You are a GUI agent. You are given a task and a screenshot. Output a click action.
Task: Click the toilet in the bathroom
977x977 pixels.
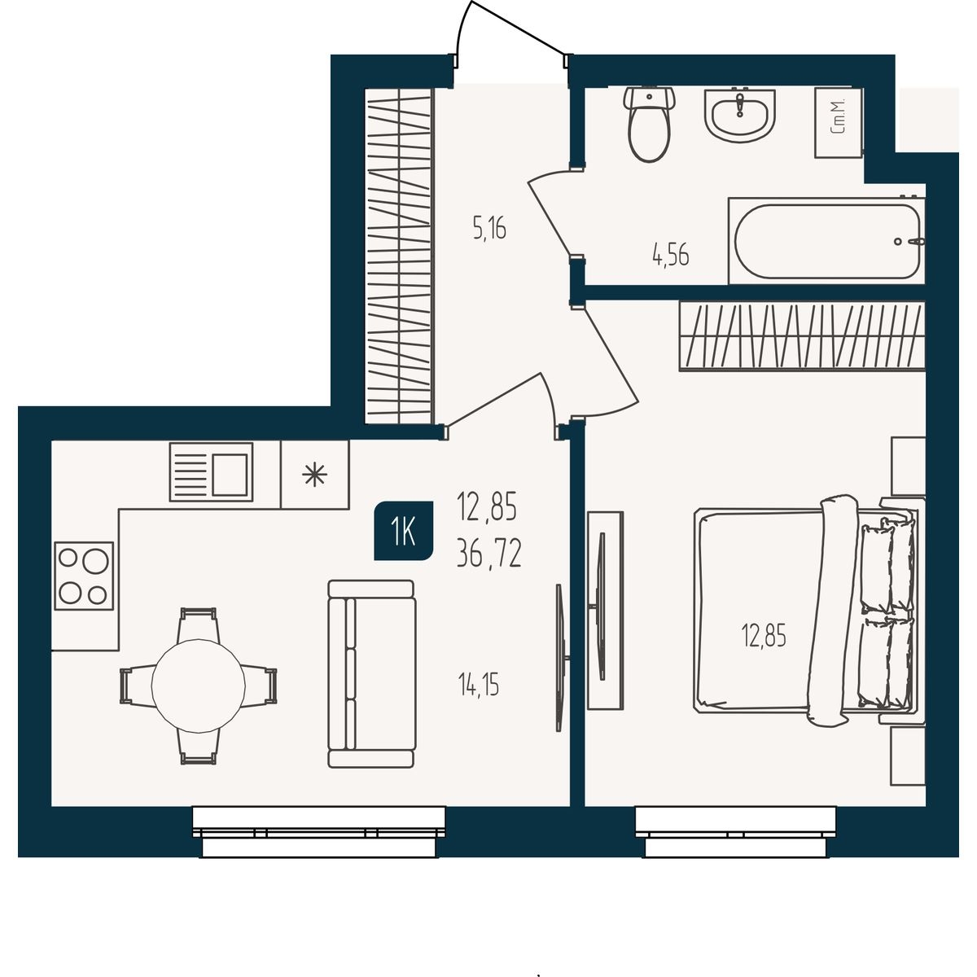coord(649,125)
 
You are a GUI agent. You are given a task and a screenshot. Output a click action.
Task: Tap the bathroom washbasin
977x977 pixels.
coord(740,116)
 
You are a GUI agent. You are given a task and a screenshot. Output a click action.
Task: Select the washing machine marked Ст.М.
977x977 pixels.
coord(838,122)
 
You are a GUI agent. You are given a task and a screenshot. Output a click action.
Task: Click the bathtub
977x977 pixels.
coord(826,241)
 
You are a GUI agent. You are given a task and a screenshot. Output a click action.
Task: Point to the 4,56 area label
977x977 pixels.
coord(670,255)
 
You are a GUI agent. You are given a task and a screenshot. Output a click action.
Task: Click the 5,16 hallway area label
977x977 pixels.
coord(489,228)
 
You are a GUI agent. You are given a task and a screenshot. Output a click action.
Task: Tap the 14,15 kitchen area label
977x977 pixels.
coord(478,685)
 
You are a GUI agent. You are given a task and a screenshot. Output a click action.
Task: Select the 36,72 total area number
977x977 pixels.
coord(488,554)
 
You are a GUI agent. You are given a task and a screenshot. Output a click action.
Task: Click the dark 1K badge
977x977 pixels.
coord(404,532)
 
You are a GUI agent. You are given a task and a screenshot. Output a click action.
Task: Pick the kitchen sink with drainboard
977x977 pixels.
coord(211,472)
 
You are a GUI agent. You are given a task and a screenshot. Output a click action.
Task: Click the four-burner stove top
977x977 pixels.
coord(84,576)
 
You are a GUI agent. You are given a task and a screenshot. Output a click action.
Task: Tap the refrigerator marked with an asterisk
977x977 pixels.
coord(315,475)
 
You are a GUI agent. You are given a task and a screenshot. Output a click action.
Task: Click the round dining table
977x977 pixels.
coord(199,686)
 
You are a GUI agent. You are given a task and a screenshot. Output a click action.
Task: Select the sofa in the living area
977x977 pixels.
coord(371,674)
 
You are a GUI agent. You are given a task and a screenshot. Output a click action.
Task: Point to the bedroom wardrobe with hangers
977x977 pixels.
coord(802,336)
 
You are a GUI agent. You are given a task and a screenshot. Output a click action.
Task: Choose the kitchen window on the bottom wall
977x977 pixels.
coord(319,832)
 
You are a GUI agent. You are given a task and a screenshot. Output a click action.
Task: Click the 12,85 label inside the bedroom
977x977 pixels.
coord(764,635)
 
